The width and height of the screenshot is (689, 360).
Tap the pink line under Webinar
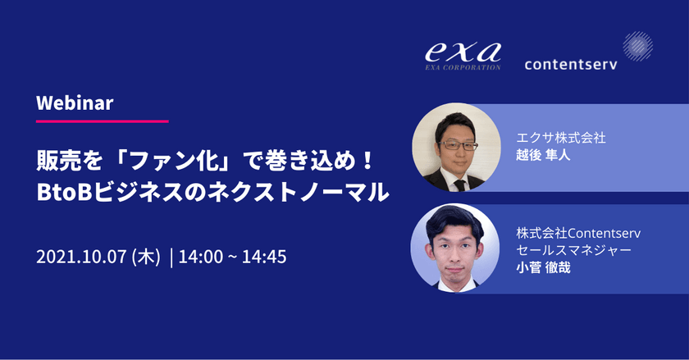coord(103,121)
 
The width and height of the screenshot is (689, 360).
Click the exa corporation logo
coord(462,56)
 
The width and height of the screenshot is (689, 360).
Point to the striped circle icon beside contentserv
coord(637,46)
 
